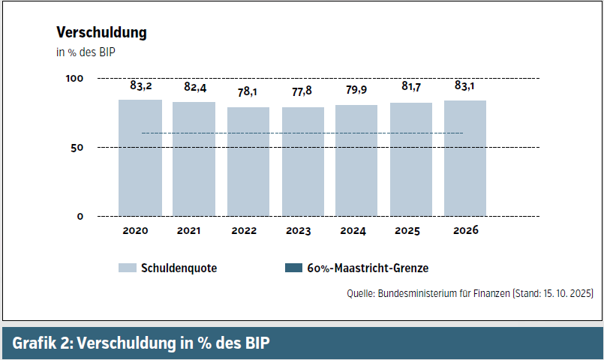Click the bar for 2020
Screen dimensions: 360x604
(140, 157)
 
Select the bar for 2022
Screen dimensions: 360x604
(248, 161)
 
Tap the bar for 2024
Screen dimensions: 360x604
(356, 160)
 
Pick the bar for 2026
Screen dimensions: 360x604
(465, 157)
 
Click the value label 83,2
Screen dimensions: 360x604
(140, 86)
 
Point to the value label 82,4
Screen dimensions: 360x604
(195, 88)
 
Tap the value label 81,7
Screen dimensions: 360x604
(411, 88)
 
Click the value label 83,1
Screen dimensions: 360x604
(465, 86)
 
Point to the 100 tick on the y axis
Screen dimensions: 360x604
(74, 79)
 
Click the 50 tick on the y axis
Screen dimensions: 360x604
(77, 148)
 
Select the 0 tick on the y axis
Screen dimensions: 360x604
(80, 217)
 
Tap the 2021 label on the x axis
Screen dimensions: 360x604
(195, 231)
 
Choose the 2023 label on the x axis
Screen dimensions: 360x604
(303, 231)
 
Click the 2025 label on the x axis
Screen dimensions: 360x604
(411, 231)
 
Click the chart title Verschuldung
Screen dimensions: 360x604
(101, 33)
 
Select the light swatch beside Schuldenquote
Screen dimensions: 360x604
(127, 268)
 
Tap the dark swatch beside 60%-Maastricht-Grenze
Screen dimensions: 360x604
(293, 268)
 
